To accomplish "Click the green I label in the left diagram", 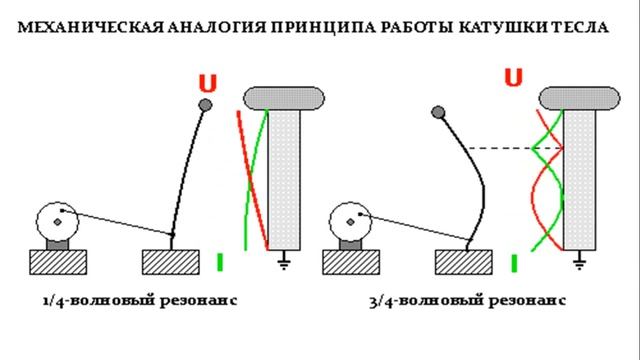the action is point(218,262).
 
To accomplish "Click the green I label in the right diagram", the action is point(514,264).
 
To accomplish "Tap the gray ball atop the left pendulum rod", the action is point(206,104).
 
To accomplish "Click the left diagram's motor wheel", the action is point(56,220).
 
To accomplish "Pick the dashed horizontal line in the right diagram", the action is point(500,148).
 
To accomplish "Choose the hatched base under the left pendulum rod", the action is point(172,262).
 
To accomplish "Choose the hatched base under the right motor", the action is point(351,262).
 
